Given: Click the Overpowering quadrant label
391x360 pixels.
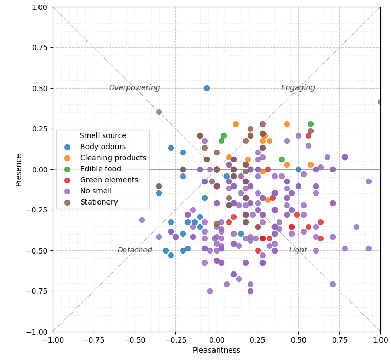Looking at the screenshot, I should [x=134, y=88].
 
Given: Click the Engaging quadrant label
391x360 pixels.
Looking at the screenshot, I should [x=298, y=88].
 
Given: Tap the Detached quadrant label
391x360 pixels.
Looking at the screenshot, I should [x=134, y=250].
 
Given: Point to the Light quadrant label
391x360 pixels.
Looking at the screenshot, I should [x=298, y=250].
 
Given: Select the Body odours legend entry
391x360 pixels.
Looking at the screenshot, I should [x=102, y=147].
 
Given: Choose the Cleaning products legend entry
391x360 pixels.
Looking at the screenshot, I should [x=113, y=158].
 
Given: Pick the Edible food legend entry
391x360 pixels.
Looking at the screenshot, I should [x=100, y=169].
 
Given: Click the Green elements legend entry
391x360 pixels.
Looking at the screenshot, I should [x=109, y=180].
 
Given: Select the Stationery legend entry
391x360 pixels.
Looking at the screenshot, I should [x=99, y=202].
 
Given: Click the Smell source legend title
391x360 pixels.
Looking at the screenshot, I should [x=103, y=136].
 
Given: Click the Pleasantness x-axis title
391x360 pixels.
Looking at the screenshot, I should [x=217, y=351].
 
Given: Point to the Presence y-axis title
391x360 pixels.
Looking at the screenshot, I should [x=19, y=169].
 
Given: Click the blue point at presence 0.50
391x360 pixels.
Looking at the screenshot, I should [x=207, y=88].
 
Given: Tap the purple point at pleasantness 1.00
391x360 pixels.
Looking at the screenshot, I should [x=380, y=102].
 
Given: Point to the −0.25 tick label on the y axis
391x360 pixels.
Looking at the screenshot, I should [x=37, y=210].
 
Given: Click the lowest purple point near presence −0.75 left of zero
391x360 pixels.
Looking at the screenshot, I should [x=210, y=291].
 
